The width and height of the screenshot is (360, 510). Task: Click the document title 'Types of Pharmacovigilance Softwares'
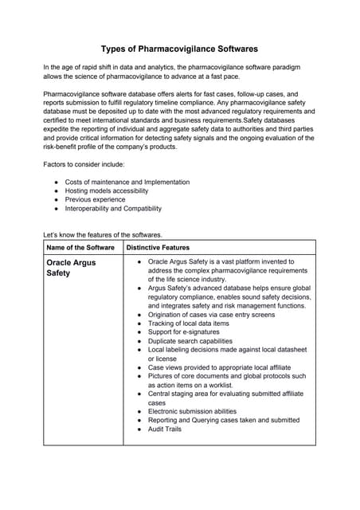click(x=179, y=49)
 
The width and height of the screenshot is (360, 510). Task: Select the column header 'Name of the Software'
click(x=80, y=247)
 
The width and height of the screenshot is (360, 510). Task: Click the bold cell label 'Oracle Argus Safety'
click(x=71, y=267)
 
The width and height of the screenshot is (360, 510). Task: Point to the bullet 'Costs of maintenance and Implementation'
click(x=127, y=182)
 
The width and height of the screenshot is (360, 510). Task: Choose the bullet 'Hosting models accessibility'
click(x=107, y=191)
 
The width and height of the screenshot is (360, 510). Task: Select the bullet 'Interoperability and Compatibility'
click(x=113, y=209)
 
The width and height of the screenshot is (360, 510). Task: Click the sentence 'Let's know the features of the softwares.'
click(x=104, y=234)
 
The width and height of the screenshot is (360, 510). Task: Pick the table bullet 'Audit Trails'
click(x=165, y=429)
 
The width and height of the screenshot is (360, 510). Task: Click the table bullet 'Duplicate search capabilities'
click(x=196, y=340)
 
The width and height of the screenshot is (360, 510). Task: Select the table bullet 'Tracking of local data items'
click(x=189, y=323)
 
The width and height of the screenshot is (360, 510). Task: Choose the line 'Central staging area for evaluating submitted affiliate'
click(x=226, y=394)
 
